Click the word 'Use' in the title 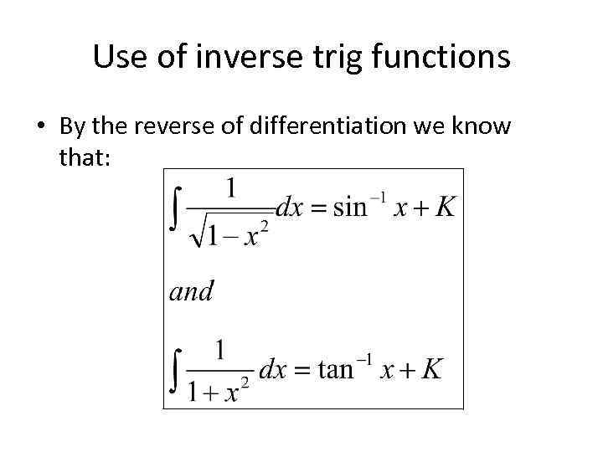[x=116, y=57]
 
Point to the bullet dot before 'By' [x=40, y=127]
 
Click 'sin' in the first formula [x=350, y=207]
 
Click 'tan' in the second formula [x=336, y=369]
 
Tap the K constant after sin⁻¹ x [x=445, y=207]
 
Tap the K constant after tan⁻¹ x [x=431, y=369]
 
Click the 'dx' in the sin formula [x=289, y=207]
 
